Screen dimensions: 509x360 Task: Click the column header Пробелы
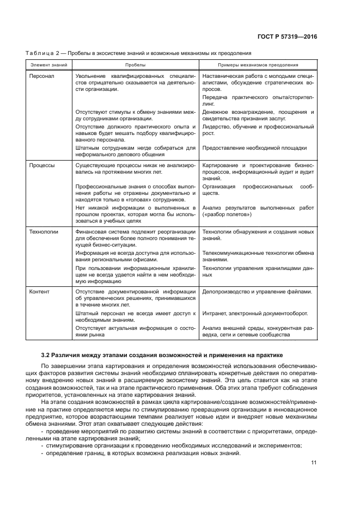tap(136, 64)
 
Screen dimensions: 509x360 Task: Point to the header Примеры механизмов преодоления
tap(258, 64)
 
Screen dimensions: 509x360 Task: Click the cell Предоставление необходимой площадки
tap(254, 148)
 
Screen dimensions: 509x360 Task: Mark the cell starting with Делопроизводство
tap(258, 291)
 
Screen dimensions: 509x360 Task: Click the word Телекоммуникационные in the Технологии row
tap(235, 253)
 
